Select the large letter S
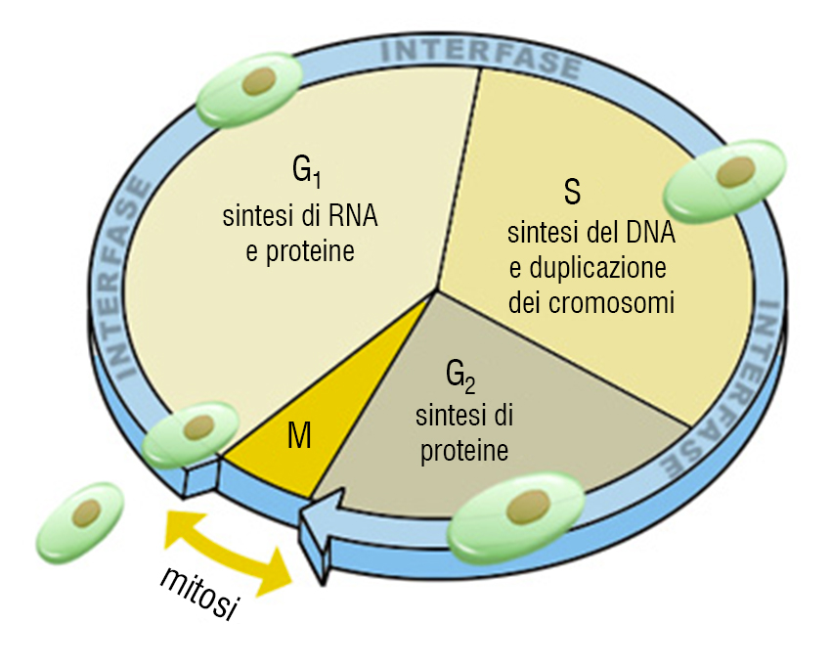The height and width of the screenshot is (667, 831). click(571, 192)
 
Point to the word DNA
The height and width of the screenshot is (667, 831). click(651, 235)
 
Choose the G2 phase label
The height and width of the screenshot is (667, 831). click(461, 376)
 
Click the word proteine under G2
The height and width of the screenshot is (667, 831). click(464, 452)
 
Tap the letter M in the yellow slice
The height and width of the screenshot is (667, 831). click(299, 437)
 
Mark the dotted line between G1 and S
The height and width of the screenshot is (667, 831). click(459, 176)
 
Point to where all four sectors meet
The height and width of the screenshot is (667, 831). click(435, 290)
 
